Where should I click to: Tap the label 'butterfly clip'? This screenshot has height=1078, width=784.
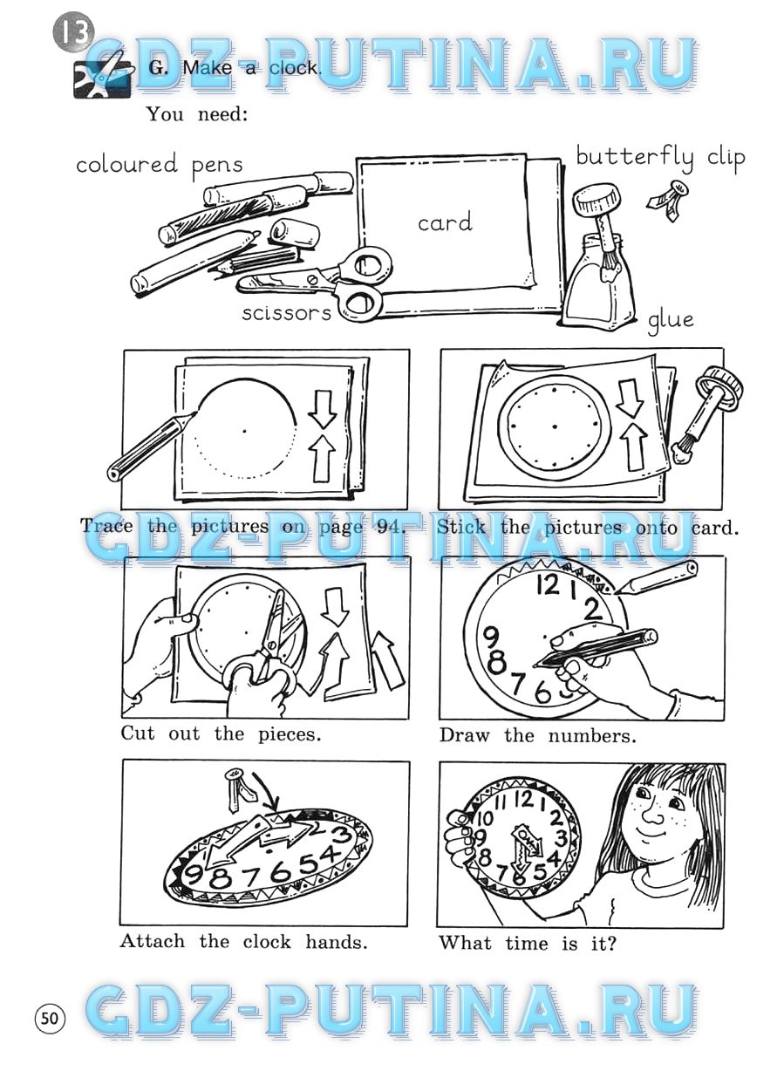(x=660, y=157)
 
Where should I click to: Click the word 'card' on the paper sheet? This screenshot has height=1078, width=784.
(x=445, y=222)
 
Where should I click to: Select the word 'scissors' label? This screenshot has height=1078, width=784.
(x=286, y=313)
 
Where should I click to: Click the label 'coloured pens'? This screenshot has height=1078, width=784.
(x=160, y=165)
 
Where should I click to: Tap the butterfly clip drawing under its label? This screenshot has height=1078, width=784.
(x=668, y=199)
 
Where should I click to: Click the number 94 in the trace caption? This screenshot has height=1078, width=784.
(x=388, y=527)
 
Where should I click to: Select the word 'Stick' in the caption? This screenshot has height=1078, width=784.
(x=460, y=527)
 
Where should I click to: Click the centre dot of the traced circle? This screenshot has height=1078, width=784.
(x=244, y=431)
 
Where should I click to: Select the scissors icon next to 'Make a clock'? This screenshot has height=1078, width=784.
(x=102, y=76)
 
